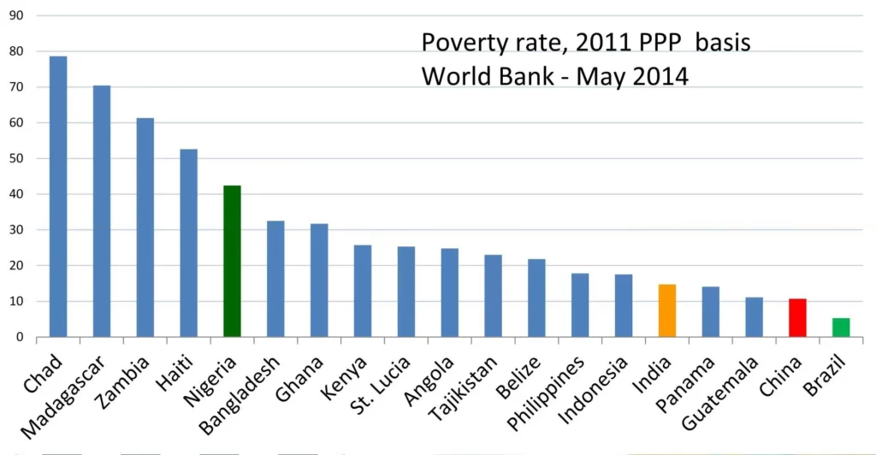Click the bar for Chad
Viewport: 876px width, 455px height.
(x=58, y=197)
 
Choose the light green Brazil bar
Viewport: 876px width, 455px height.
(x=841, y=328)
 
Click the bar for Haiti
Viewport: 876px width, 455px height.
(x=188, y=243)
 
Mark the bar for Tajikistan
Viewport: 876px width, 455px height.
(x=493, y=295)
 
